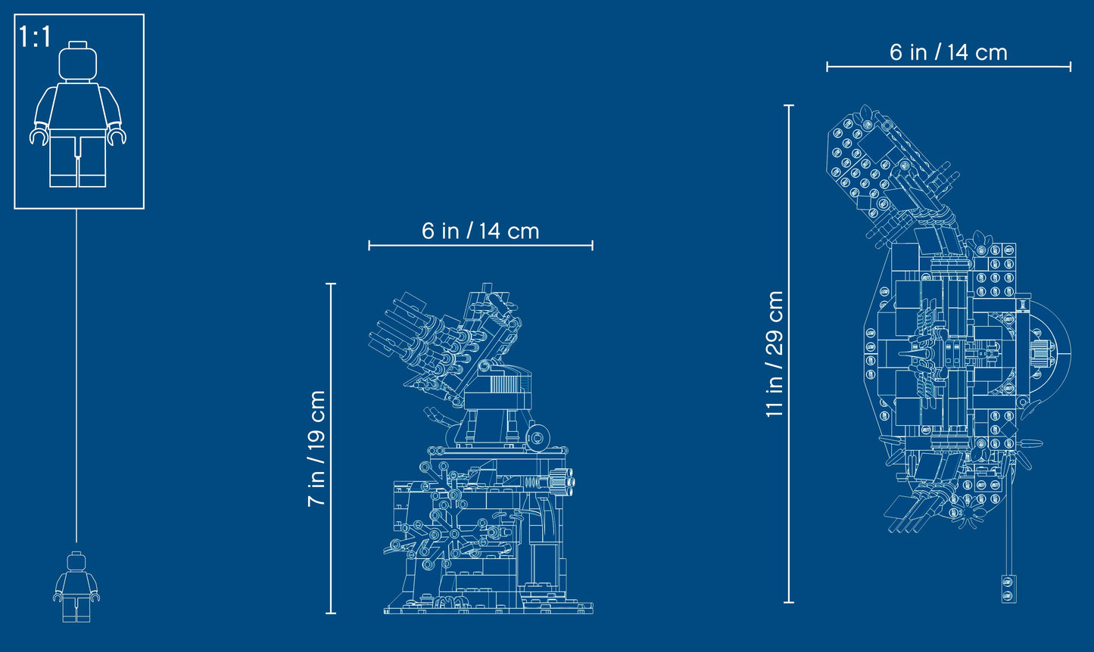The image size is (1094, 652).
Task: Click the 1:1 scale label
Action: click(x=35, y=37)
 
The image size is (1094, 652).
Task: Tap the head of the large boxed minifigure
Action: click(x=79, y=61)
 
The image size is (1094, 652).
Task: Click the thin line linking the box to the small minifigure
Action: click(x=76, y=378)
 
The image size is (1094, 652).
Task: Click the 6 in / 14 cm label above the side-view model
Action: click(x=480, y=231)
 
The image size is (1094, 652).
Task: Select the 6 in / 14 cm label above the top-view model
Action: click(x=948, y=52)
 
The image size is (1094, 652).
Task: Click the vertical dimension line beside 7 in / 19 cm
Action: click(x=331, y=449)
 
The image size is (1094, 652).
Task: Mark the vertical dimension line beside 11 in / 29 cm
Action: click(x=789, y=353)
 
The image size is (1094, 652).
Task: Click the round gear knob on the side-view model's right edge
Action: click(x=561, y=480)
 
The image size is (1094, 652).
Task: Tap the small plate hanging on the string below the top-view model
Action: click(x=1008, y=588)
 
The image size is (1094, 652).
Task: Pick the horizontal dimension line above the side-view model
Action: click(x=480, y=245)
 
